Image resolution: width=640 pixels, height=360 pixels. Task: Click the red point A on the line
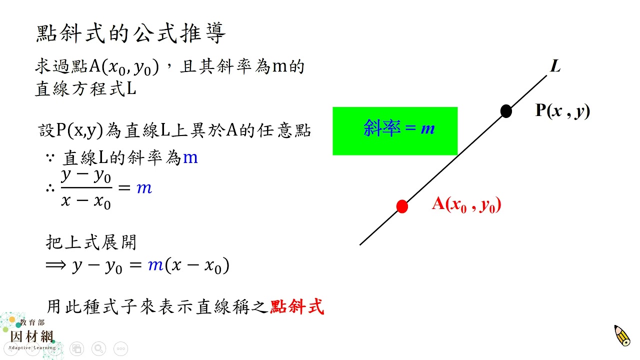click(x=402, y=206)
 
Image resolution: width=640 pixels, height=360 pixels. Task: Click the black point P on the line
click(x=506, y=111)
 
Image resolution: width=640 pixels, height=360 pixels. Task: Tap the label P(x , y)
click(x=562, y=110)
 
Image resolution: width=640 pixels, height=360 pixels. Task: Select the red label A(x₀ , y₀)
click(x=466, y=204)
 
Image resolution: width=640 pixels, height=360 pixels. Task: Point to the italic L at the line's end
click(x=555, y=66)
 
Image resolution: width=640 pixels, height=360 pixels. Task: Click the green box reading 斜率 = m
click(x=395, y=131)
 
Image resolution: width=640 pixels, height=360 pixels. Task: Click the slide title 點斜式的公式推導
click(x=131, y=33)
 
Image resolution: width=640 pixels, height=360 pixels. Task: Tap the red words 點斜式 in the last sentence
click(x=297, y=306)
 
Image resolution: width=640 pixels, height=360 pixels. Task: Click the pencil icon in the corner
click(x=622, y=335)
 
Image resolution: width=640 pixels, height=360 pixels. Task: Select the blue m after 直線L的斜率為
click(x=190, y=157)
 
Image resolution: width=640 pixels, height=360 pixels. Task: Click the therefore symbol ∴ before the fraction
click(x=50, y=188)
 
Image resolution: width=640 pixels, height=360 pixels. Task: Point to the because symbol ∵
click(x=50, y=157)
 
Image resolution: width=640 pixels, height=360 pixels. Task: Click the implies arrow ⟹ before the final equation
click(x=55, y=265)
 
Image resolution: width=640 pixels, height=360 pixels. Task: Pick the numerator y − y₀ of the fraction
click(x=86, y=176)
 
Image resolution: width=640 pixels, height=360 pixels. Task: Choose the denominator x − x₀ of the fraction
click(x=86, y=201)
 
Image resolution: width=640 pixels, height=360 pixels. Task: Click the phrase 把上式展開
click(x=91, y=242)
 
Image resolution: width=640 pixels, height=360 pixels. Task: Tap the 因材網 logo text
click(x=32, y=336)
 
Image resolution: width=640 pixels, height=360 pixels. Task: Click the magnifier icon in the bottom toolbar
click(x=99, y=348)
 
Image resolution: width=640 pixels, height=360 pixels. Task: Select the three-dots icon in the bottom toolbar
click(x=121, y=348)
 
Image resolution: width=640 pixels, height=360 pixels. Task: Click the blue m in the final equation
click(x=155, y=265)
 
